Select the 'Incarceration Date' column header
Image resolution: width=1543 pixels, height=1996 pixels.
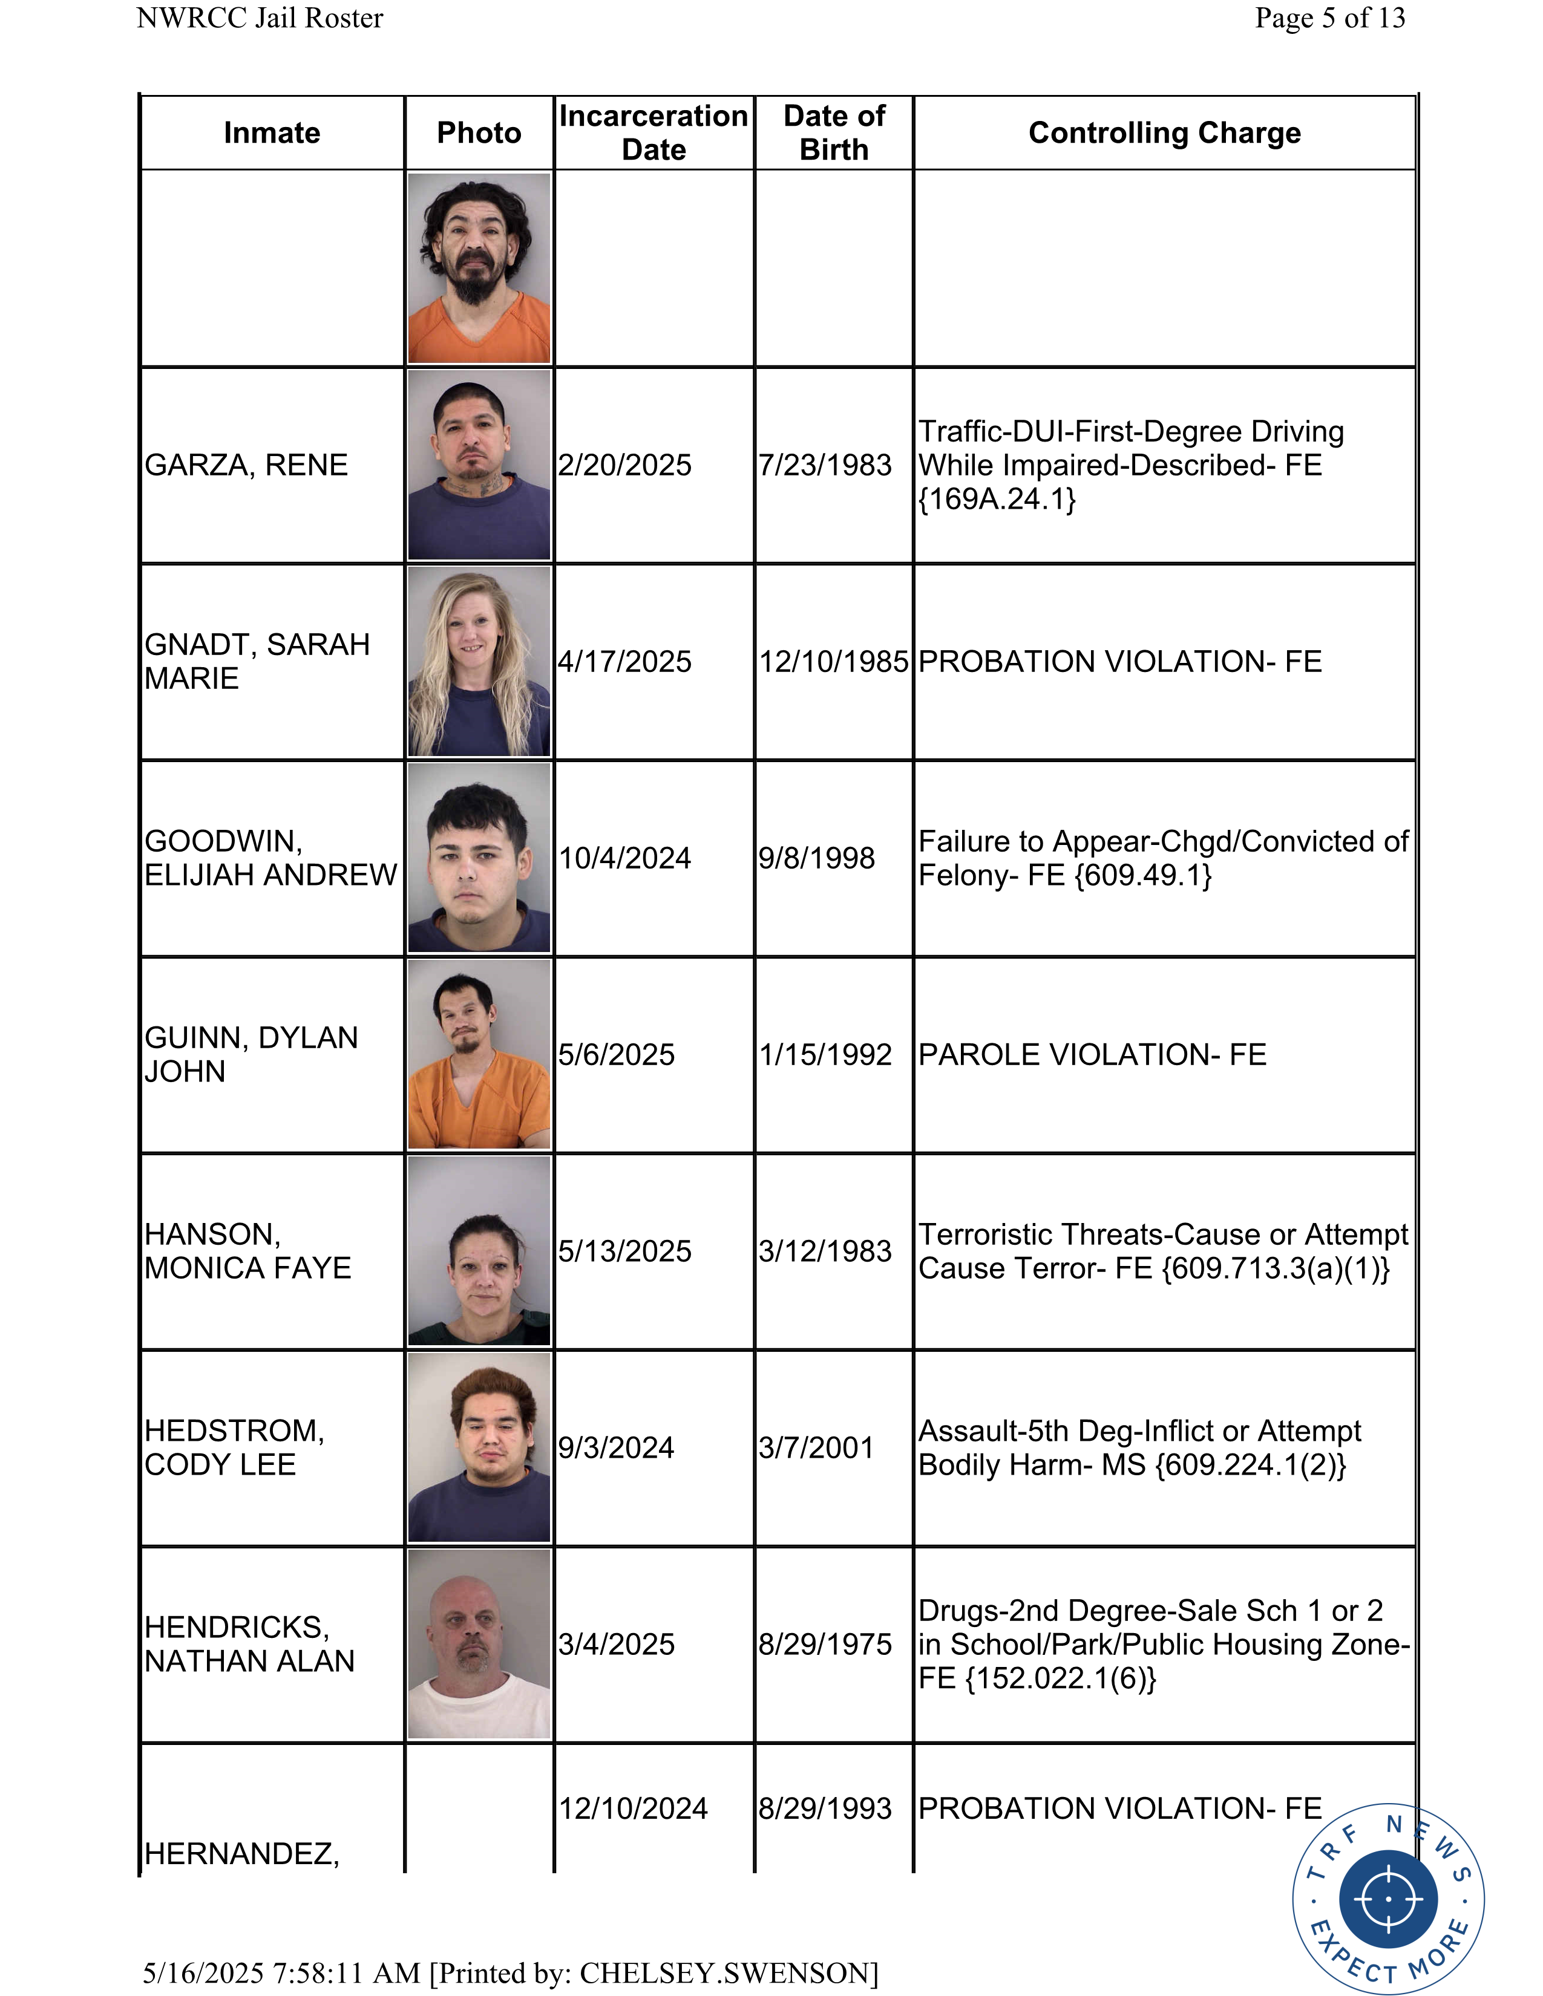(x=654, y=132)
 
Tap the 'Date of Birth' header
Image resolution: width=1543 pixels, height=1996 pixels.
(x=834, y=132)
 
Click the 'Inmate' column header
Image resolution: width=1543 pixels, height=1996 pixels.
(x=272, y=132)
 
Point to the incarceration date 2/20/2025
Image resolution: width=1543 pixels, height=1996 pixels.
(x=625, y=465)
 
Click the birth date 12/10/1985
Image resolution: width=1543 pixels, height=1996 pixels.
(x=834, y=662)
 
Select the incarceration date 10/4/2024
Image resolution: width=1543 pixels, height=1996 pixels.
(x=625, y=858)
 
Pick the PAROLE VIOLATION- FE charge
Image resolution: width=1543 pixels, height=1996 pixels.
(x=1092, y=1055)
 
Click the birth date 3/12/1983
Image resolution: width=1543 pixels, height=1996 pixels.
(x=825, y=1251)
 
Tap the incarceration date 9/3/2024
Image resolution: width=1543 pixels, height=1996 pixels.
(x=616, y=1447)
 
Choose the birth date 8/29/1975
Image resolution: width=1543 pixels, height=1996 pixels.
(x=825, y=1644)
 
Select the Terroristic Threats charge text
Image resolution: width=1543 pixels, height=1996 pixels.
(x=1163, y=1251)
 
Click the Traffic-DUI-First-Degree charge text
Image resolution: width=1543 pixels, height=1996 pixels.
(x=1131, y=465)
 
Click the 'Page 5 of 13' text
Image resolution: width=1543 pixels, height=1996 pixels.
(x=1330, y=18)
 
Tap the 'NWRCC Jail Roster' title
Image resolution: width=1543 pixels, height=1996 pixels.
(x=260, y=18)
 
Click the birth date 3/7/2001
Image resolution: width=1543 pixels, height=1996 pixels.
(x=816, y=1447)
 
